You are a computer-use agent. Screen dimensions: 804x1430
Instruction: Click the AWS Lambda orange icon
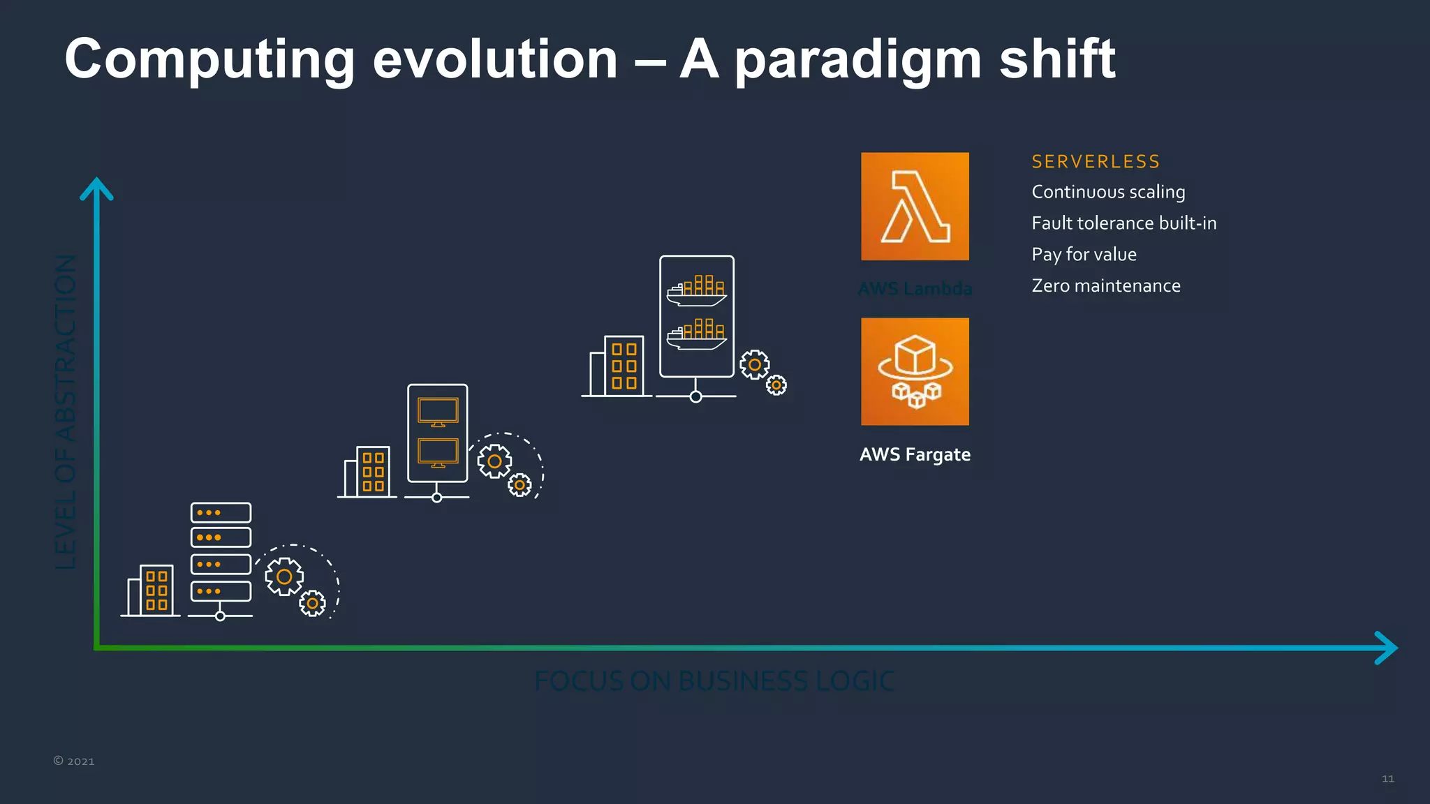915,207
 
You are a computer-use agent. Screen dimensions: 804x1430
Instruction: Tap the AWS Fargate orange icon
915,371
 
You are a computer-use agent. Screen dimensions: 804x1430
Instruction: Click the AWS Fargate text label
915,454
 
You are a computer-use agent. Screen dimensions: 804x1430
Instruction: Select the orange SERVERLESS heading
1096,162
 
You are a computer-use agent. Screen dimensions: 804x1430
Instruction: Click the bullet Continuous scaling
1108,192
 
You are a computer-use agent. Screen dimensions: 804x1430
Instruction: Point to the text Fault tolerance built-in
1123,223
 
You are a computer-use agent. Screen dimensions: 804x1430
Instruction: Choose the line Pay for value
1084,255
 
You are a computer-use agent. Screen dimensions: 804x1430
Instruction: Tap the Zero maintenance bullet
1106,286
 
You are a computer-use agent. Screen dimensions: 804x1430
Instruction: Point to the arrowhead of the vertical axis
96,188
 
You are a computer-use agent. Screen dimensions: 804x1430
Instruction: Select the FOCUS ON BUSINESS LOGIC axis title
714,681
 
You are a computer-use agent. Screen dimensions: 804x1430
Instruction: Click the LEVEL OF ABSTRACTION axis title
66,412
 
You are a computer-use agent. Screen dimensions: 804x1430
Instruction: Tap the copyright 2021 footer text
74,761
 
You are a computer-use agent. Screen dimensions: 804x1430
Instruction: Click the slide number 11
1387,779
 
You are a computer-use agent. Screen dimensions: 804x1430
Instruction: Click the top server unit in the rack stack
221,513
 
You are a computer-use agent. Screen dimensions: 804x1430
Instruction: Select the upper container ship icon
696,290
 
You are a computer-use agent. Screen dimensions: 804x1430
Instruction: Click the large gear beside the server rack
284,576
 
